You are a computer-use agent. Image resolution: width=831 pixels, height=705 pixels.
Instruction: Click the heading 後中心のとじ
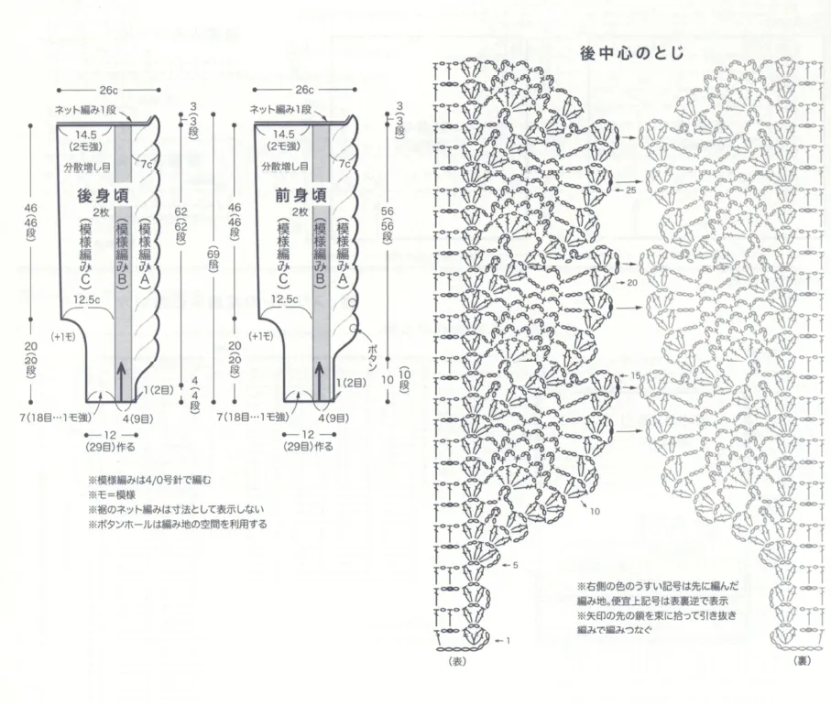point(631,54)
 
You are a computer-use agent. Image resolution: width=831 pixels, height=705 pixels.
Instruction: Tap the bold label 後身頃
point(101,195)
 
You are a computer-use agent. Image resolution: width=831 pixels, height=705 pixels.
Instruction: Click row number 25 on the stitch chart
point(630,190)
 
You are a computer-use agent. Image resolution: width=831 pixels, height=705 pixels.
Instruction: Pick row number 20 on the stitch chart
point(632,284)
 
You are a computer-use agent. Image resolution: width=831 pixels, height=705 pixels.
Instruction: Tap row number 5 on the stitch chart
point(517,565)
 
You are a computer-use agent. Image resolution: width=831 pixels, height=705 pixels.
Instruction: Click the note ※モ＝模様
point(121,494)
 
